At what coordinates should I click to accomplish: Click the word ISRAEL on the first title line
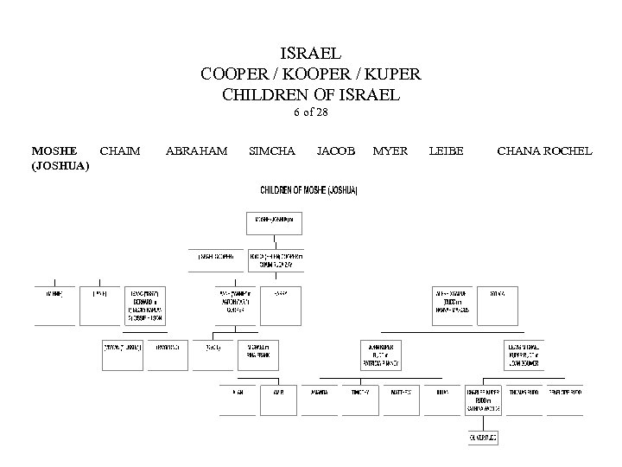[310, 54]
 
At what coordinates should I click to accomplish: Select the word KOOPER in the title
[310, 74]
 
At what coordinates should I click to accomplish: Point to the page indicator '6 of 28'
[310, 112]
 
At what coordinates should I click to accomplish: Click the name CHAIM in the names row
[120, 151]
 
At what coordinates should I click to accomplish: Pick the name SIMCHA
[271, 151]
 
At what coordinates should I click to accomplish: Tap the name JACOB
[335, 151]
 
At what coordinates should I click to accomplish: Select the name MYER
[390, 151]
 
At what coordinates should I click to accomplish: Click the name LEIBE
[446, 151]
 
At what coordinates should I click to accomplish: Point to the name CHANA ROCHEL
[544, 151]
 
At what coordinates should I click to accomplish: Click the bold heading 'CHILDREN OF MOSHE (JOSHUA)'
[310, 189]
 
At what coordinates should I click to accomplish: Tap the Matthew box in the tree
[402, 392]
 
